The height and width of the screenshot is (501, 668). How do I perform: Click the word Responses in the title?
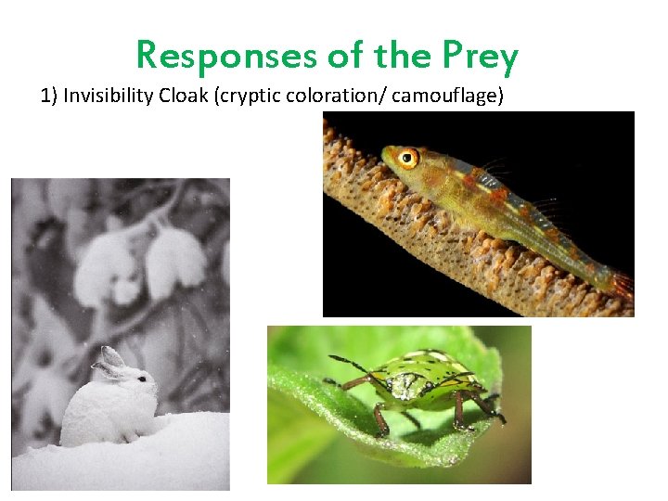[226, 58]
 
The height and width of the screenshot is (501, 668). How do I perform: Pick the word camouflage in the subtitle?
[449, 96]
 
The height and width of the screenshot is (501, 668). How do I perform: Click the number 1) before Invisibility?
[49, 96]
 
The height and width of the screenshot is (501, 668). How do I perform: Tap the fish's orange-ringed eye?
[406, 158]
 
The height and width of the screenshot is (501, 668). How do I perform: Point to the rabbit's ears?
[109, 360]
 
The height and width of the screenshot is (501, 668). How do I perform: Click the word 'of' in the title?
[346, 58]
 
